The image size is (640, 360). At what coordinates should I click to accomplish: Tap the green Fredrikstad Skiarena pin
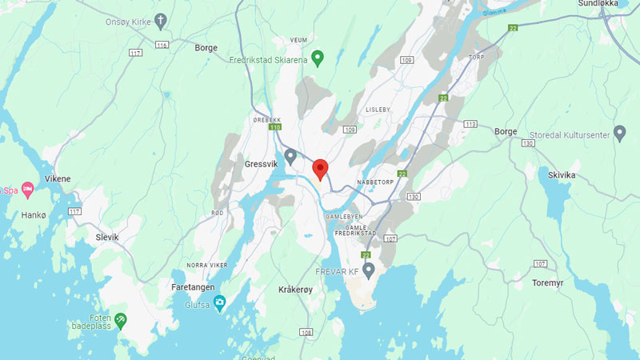(318, 58)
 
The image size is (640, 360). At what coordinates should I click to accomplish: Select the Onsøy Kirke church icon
(160, 20)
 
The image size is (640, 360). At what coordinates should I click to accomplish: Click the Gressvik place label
(261, 164)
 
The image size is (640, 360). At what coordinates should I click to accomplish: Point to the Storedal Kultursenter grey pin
(619, 132)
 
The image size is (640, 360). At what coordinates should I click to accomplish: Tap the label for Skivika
(562, 174)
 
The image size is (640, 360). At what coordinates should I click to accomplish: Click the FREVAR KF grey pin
(369, 270)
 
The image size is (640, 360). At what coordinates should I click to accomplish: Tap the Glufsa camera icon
(219, 302)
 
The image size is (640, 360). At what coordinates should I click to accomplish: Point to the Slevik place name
(106, 237)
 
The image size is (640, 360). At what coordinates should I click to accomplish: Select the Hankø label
(34, 215)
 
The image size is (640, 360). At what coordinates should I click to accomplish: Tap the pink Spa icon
(28, 190)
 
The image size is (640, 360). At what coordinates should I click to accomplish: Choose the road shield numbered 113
(470, 124)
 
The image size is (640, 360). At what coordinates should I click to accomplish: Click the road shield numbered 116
(162, 46)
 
